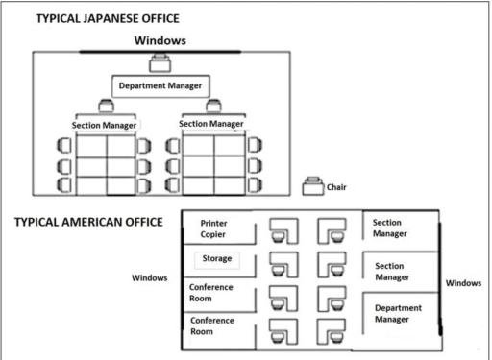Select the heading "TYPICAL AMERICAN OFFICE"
coord(92,222)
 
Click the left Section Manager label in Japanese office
coord(105,125)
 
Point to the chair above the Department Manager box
coord(160,64)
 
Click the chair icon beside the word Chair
coord(311,186)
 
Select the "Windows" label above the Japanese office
coord(160,39)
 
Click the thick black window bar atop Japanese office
coord(160,50)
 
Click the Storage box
coord(215,259)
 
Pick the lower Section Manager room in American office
coord(393,271)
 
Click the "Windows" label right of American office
coord(466,283)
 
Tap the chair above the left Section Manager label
coord(104,108)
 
